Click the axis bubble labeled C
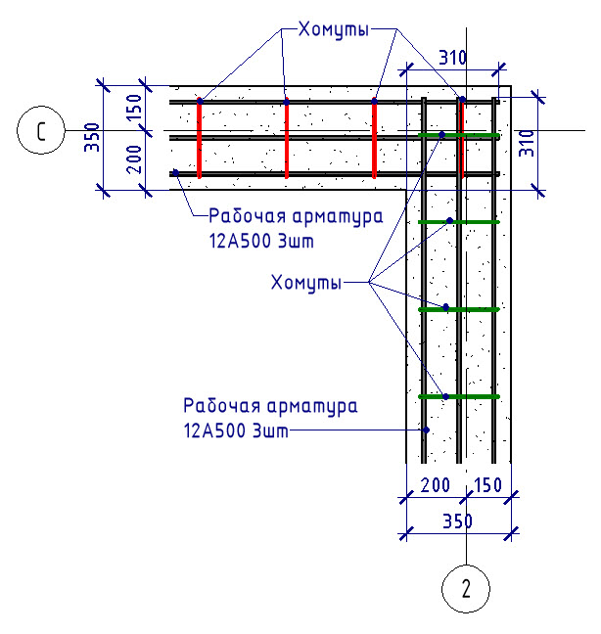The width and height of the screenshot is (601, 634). (41, 130)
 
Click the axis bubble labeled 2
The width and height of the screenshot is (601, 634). (466, 589)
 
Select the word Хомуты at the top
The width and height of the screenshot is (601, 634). (334, 29)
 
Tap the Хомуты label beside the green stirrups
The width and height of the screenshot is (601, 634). (306, 282)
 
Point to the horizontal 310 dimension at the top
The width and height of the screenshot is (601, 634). (453, 58)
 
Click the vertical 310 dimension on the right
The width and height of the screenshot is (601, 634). (527, 143)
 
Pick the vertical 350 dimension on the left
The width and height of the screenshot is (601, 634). (92, 138)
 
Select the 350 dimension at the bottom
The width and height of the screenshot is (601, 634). (457, 521)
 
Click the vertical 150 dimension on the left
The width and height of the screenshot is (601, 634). (135, 108)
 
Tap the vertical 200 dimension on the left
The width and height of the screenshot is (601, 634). (135, 159)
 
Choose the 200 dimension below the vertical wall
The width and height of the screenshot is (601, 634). (436, 485)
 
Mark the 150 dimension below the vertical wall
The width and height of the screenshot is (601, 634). (487, 485)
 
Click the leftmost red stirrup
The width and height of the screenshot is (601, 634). (200, 138)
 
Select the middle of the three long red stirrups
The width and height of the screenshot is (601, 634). (287, 138)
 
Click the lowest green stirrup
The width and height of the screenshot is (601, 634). (459, 396)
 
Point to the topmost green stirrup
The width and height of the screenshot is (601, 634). (459, 135)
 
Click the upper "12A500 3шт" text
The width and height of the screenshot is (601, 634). (261, 241)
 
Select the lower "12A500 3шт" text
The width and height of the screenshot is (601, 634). (236, 430)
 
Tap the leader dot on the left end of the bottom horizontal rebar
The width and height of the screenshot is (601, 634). (175, 172)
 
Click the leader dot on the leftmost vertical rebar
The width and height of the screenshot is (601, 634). (426, 430)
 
